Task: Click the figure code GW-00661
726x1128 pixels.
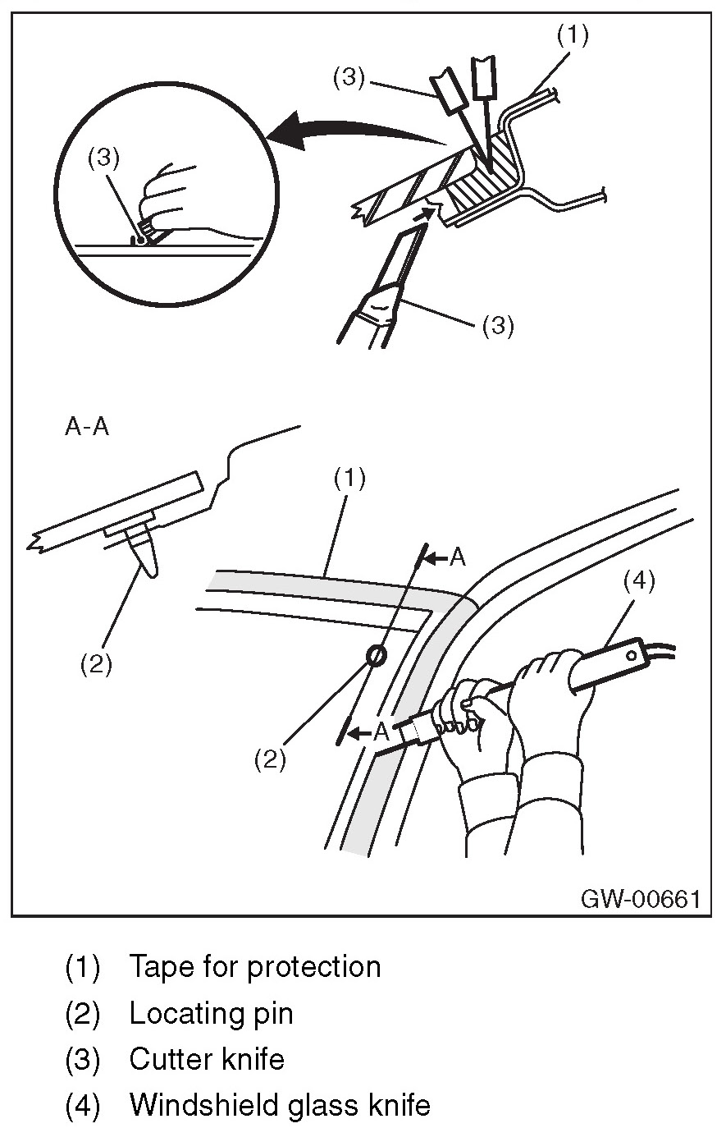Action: (x=641, y=898)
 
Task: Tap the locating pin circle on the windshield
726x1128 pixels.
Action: (x=376, y=655)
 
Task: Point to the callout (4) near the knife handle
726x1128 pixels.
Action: (x=638, y=582)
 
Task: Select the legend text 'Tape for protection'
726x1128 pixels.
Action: (x=254, y=966)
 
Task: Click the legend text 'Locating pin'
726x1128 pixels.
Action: (x=211, y=1013)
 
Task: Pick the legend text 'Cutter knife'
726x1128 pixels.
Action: (x=207, y=1059)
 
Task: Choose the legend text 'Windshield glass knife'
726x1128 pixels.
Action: (x=279, y=1105)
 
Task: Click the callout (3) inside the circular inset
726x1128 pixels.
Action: (x=99, y=160)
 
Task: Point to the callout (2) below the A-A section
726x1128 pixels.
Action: (x=96, y=665)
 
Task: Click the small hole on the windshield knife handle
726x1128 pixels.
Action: (x=632, y=655)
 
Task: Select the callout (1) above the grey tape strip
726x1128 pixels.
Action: (x=349, y=479)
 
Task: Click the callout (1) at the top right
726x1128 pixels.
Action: (x=573, y=34)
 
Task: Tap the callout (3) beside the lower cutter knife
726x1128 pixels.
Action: (x=497, y=326)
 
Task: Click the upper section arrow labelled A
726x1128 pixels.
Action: (x=448, y=557)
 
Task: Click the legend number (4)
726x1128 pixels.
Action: (x=82, y=1105)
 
